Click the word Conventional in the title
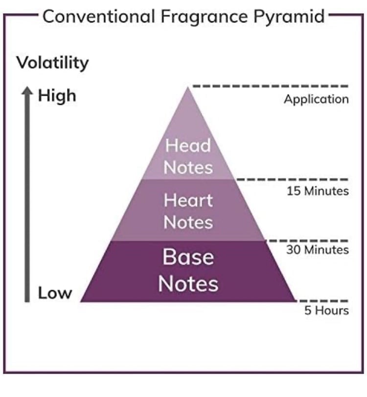[x=98, y=17]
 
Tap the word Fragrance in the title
[x=204, y=17]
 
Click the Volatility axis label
[x=52, y=63]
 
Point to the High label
[x=57, y=96]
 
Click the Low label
[x=55, y=293]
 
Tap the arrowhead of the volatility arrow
[x=27, y=90]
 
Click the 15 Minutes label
[x=318, y=191]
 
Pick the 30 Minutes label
[x=318, y=250]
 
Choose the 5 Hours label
[x=326, y=310]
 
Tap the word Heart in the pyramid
[x=188, y=200]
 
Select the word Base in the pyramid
[x=188, y=257]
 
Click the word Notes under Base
[x=188, y=284]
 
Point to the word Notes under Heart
[x=188, y=222]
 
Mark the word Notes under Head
[x=188, y=168]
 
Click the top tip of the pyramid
[x=187, y=88]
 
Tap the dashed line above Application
[x=271, y=86]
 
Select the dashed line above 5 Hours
[x=322, y=301]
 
